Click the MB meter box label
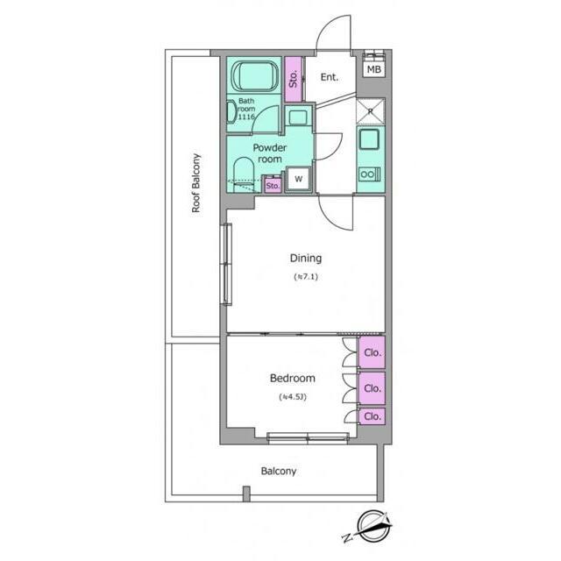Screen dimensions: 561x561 (x=374, y=69)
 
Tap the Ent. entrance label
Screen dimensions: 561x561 (x=330, y=77)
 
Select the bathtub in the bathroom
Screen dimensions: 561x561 (x=255, y=75)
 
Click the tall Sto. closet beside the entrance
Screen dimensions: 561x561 (x=294, y=79)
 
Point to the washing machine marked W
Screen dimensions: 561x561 (x=298, y=179)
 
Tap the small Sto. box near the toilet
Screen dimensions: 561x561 (x=273, y=186)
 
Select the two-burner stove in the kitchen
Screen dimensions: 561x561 (x=370, y=174)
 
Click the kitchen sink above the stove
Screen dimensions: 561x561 (x=369, y=139)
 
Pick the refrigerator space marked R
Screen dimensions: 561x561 (x=370, y=111)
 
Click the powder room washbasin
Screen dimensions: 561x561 (x=298, y=117)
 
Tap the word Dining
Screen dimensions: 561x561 (x=306, y=258)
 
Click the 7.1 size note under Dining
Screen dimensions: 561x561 (x=306, y=277)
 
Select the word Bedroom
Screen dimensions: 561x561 (x=292, y=378)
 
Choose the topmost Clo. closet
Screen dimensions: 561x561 (x=372, y=352)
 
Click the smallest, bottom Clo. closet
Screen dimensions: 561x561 (x=372, y=416)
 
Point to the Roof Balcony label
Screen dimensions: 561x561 (x=195, y=183)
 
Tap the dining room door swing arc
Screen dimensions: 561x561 (x=331, y=221)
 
